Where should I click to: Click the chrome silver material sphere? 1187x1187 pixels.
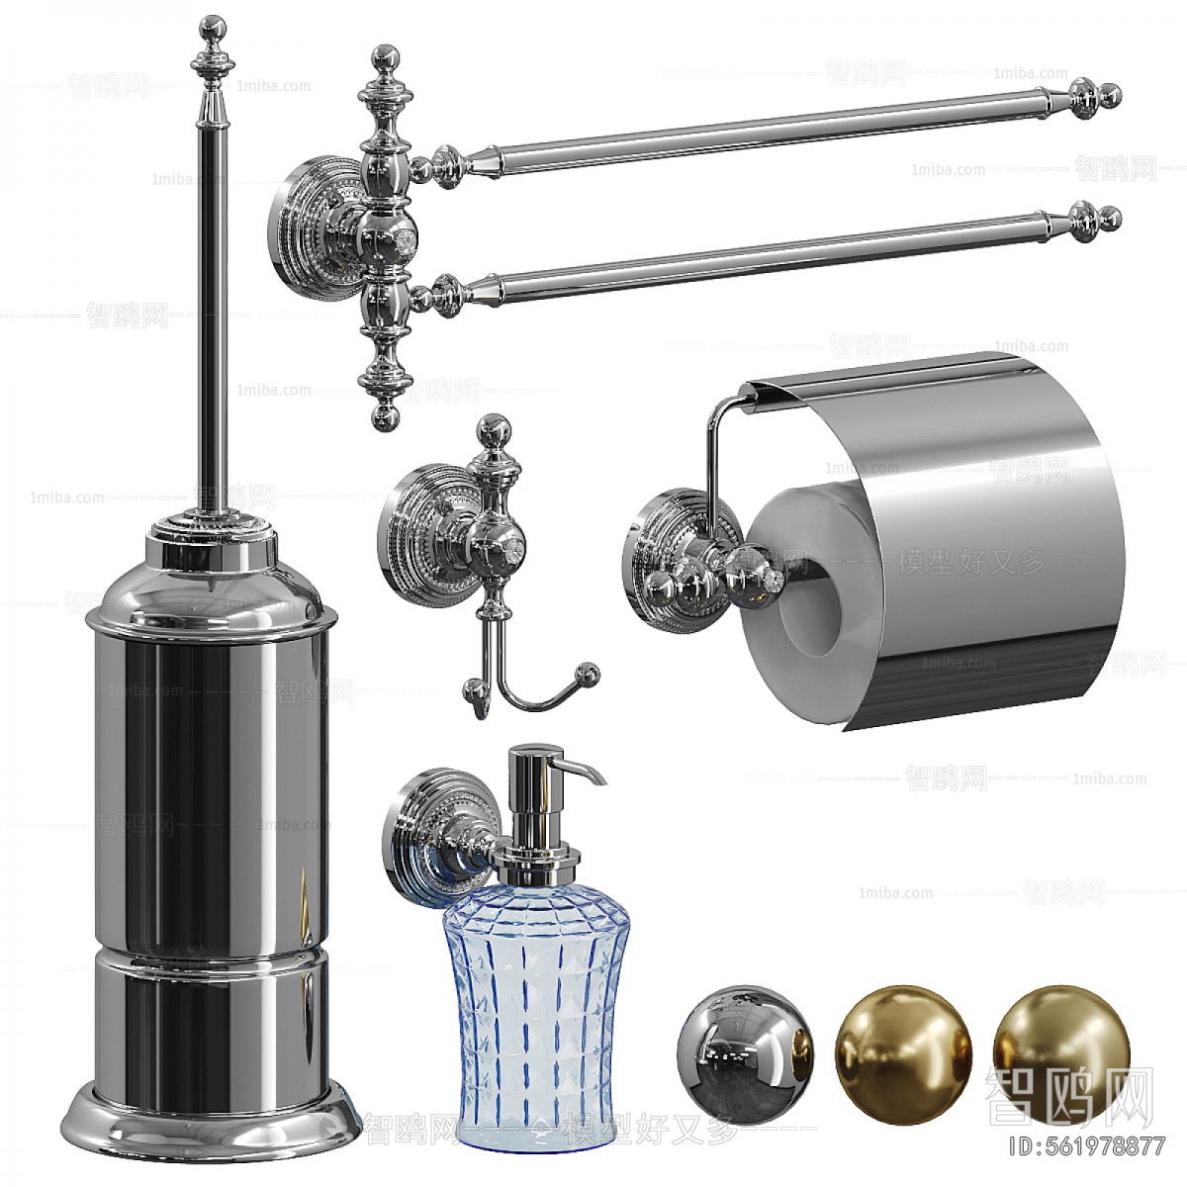click(745, 1050)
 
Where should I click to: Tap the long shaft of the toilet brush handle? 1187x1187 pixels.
click(211, 297)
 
